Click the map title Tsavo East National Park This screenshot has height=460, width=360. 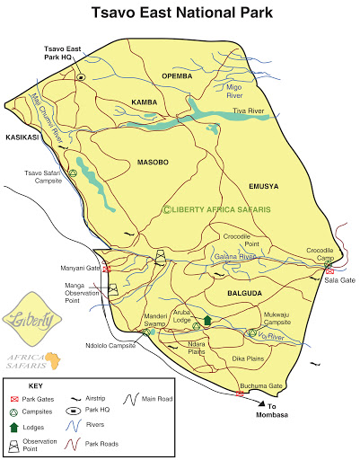(x=180, y=14)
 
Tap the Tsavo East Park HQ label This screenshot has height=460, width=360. (x=64, y=53)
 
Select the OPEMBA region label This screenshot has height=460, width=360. (x=177, y=76)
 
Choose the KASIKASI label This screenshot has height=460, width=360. (x=20, y=137)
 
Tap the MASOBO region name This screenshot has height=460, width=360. (x=153, y=163)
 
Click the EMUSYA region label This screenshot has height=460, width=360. (x=264, y=186)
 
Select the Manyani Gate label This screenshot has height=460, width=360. (x=79, y=268)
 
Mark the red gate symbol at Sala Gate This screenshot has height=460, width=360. (x=330, y=270)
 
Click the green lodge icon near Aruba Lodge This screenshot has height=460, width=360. (x=206, y=320)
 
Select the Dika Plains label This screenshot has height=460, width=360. (x=249, y=359)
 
